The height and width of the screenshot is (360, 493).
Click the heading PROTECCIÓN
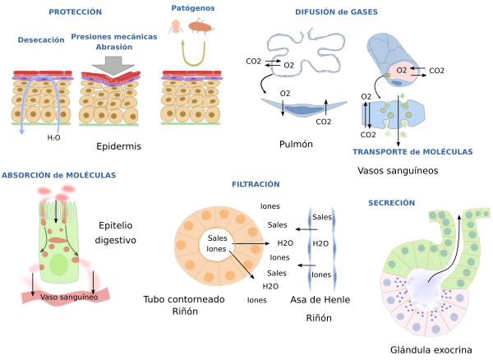[75, 12]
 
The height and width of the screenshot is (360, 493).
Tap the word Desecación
[40, 39]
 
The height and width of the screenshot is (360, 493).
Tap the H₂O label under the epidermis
[53, 138]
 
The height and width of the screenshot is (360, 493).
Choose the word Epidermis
[119, 146]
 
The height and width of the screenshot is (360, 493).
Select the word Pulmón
[297, 143]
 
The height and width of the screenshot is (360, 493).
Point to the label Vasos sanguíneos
[399, 171]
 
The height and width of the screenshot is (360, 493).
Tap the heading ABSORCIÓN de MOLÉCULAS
[58, 175]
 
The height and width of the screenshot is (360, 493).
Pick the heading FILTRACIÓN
[256, 184]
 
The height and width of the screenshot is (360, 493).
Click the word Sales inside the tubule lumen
[218, 238]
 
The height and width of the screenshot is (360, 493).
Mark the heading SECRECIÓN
[391, 202]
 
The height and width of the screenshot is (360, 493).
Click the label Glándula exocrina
[431, 349]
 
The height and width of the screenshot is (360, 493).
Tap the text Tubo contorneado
[183, 299]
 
